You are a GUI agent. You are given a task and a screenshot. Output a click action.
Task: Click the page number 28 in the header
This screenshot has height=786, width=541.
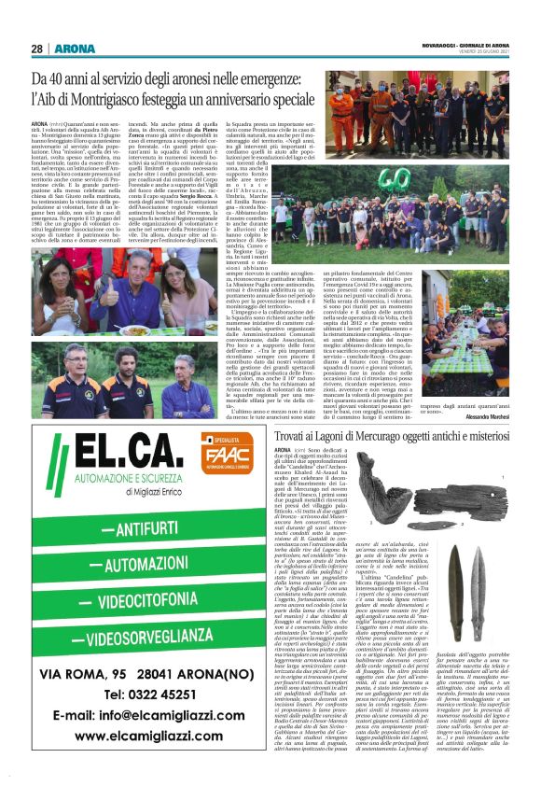(x=37, y=49)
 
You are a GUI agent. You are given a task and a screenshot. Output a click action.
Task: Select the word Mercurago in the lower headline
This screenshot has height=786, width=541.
(x=365, y=436)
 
